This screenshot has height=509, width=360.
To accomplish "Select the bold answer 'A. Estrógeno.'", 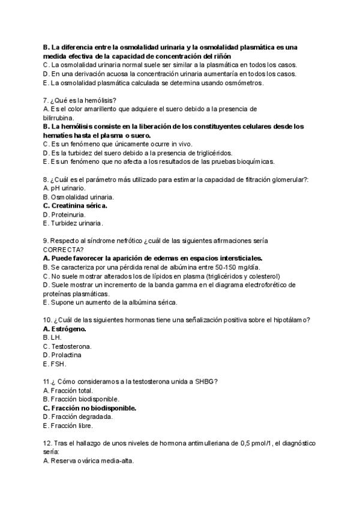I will [x=65, y=329].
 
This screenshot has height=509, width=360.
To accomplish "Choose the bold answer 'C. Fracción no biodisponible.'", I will [x=89, y=408].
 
